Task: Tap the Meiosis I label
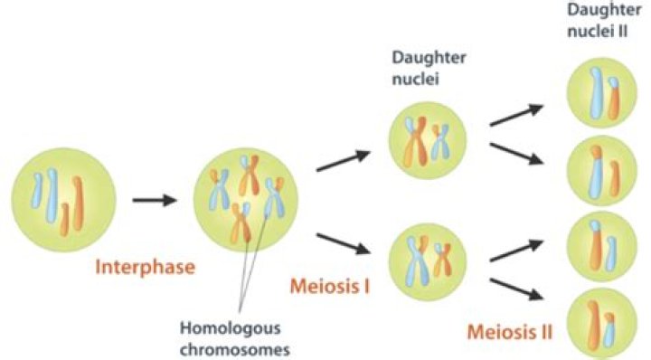point(329,287)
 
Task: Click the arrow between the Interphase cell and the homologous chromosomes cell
point(155,199)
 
